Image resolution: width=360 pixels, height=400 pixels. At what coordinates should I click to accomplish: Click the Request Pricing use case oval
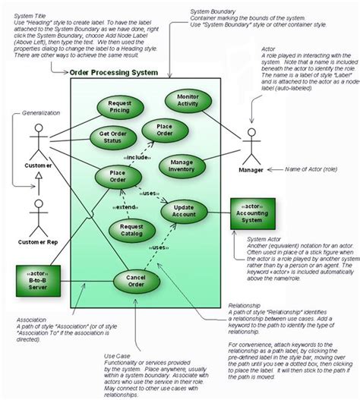[x=121, y=107]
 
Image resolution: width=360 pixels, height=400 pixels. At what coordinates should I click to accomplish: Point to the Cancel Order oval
[x=137, y=281]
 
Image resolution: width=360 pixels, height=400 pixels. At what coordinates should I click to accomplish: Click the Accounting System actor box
[x=253, y=215]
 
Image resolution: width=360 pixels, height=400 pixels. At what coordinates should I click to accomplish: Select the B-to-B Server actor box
[x=38, y=280]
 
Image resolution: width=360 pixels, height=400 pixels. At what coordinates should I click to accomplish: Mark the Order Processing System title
[x=113, y=73]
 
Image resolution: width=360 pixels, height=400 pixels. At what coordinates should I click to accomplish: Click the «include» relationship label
[x=138, y=157]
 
